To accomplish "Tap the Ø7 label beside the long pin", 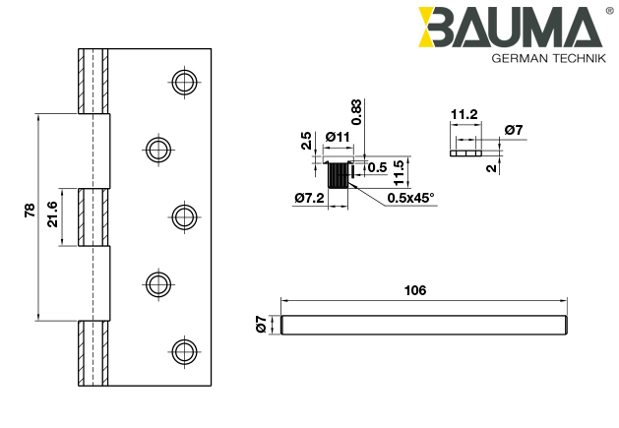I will [x=262, y=324].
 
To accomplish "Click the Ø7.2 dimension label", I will [x=308, y=198].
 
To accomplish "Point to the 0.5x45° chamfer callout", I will [x=411, y=198].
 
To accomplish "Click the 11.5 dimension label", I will [x=399, y=171].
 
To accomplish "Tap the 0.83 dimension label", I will [x=356, y=111].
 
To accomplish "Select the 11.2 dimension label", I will [x=464, y=115].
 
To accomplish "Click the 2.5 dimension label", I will [x=306, y=141].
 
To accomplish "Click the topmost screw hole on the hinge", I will [x=182, y=82].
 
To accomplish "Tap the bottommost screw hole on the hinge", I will [x=182, y=351].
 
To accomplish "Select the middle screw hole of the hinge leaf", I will [x=182, y=216].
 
